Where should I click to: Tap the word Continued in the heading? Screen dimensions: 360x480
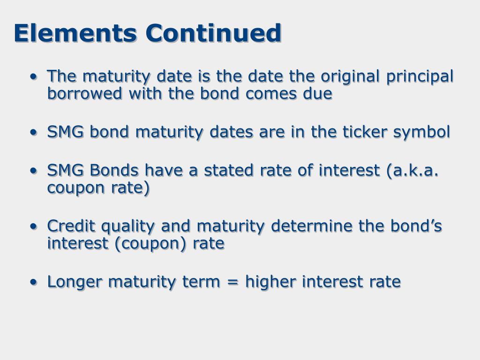tap(213, 33)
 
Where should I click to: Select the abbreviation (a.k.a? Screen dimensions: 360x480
tap(412, 170)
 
